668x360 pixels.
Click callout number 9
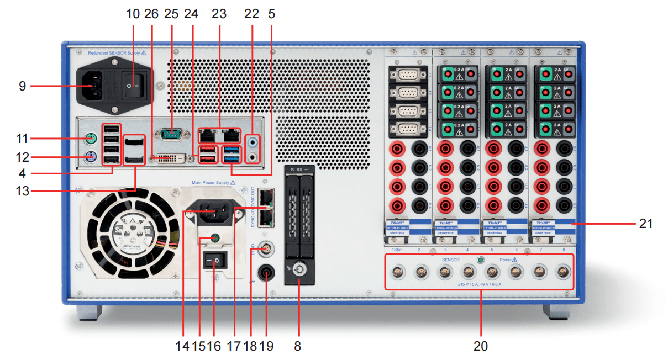pos(22,86)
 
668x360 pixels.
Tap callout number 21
pos(646,224)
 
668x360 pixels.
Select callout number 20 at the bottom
pos(480,346)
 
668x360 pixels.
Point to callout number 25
pos(170,14)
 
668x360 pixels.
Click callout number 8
pos(298,346)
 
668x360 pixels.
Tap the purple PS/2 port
pos(92,156)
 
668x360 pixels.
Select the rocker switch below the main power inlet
pos(215,260)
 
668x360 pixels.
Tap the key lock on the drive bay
pos(298,271)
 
